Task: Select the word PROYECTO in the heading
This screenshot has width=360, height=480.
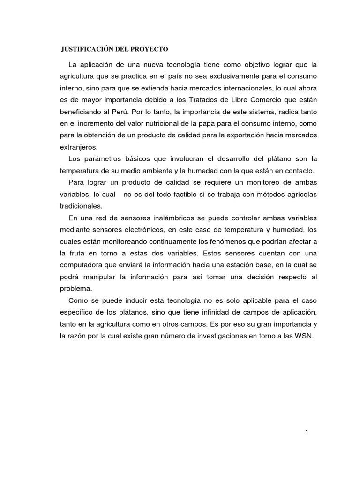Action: (x=150, y=49)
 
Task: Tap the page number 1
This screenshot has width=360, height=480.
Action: (x=306, y=432)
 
